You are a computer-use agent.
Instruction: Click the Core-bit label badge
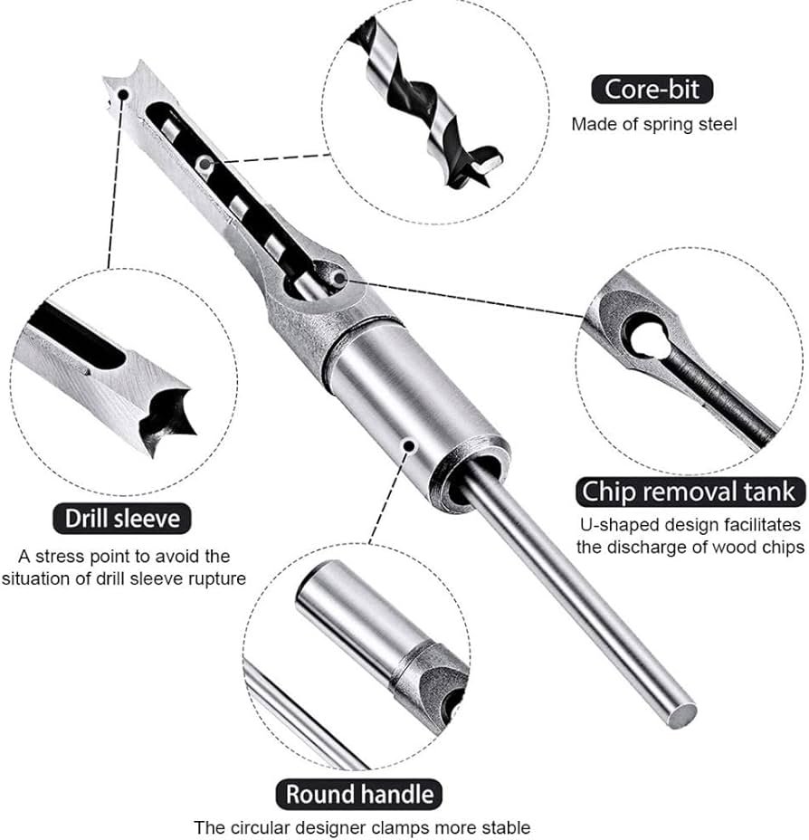coord(652,90)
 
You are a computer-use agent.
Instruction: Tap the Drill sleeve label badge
coord(122,519)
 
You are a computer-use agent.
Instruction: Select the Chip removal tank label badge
coord(690,492)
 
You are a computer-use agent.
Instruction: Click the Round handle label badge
coord(359,795)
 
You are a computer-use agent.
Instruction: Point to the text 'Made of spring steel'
coord(653,124)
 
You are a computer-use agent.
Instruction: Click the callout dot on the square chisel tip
coord(124,95)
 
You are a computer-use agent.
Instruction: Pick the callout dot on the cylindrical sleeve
coord(409,445)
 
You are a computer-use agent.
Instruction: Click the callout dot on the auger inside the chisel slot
coord(205,162)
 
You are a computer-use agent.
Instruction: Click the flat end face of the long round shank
coord(684,715)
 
